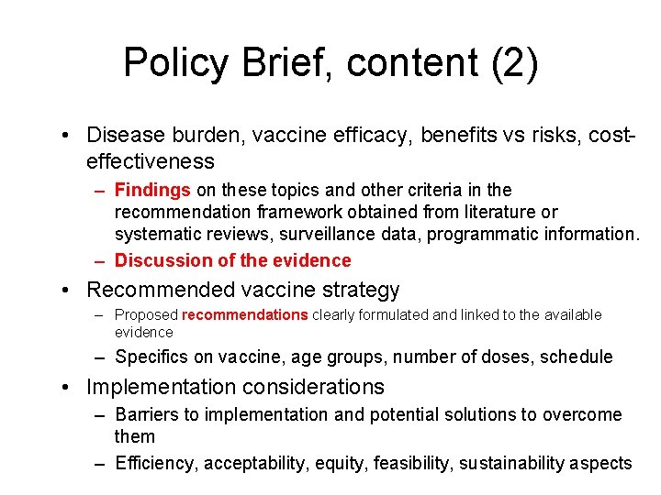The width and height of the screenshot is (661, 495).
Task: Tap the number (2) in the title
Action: click(x=515, y=63)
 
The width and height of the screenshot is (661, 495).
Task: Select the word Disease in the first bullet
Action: click(x=125, y=135)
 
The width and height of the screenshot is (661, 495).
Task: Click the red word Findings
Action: click(x=152, y=190)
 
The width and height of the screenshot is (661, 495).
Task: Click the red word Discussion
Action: click(x=162, y=260)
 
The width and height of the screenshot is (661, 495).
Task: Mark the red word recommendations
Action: click(x=245, y=315)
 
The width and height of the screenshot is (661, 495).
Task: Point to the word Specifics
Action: click(x=151, y=357)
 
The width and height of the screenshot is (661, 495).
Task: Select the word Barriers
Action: click(x=147, y=415)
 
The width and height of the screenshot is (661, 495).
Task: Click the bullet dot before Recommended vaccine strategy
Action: click(x=68, y=291)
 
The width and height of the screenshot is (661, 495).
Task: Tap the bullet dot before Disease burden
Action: click(x=68, y=136)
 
